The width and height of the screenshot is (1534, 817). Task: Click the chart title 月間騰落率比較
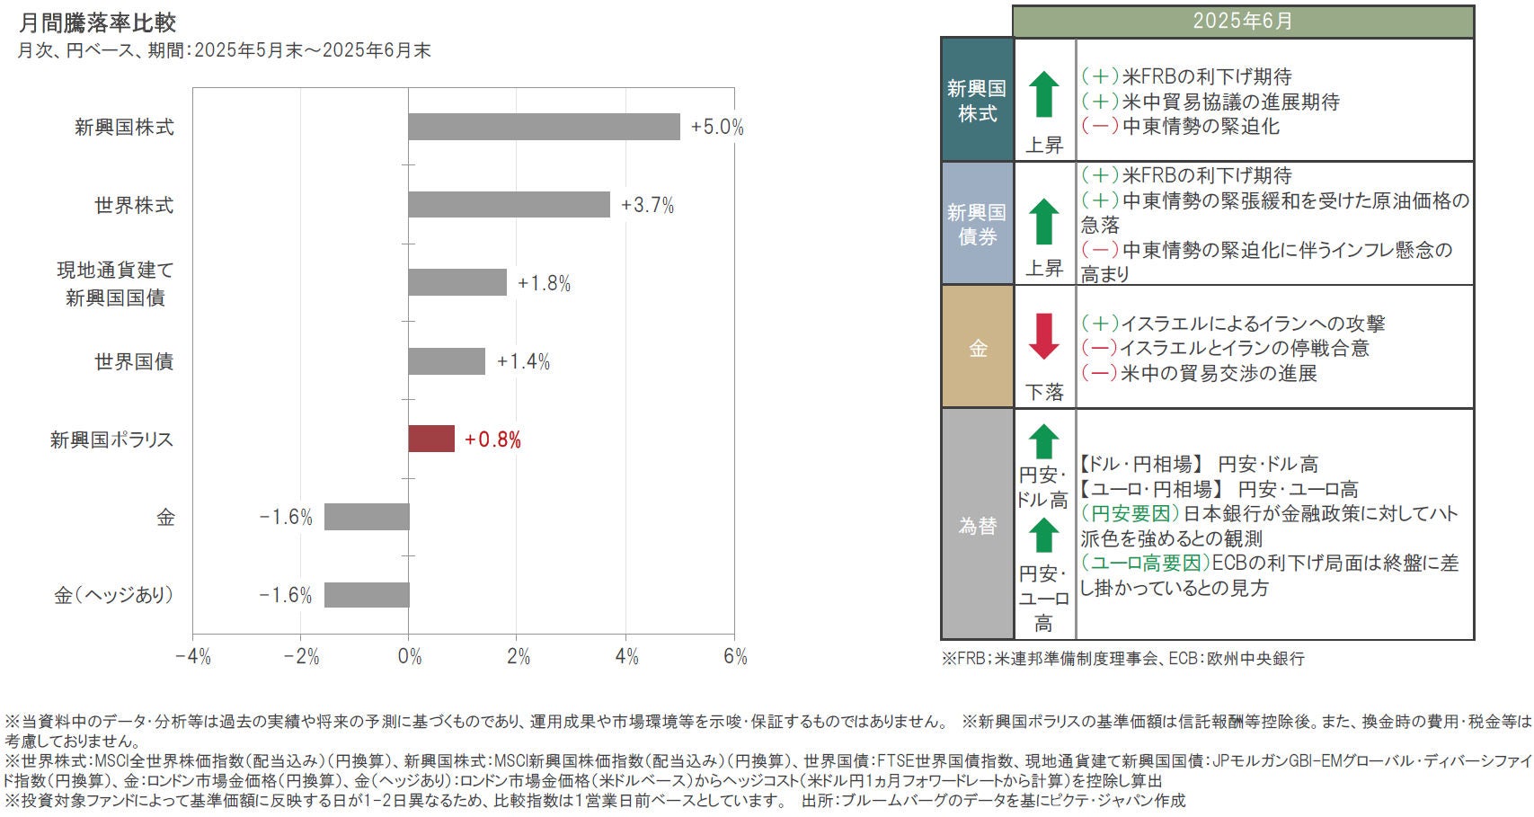pyautogui.click(x=97, y=22)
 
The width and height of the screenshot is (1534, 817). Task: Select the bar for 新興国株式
pyautogui.click(x=544, y=127)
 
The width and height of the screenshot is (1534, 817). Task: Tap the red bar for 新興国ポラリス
pyautogui.click(x=431, y=439)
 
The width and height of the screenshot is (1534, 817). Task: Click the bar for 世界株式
pyautogui.click(x=509, y=205)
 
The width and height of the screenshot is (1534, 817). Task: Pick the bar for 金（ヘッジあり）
pyautogui.click(x=367, y=595)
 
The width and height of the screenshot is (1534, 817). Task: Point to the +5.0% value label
pyautogui.click(x=716, y=128)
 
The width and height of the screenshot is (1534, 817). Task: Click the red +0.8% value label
pyautogui.click(x=492, y=440)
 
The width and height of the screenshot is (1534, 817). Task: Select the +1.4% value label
pyautogui.click(x=523, y=362)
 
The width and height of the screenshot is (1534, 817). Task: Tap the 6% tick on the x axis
pyautogui.click(x=735, y=657)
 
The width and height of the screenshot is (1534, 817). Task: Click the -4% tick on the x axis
pyautogui.click(x=192, y=657)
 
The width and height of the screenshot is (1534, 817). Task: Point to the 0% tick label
pyautogui.click(x=409, y=657)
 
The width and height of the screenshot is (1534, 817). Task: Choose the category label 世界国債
pyautogui.click(x=134, y=361)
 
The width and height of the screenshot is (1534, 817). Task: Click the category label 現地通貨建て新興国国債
pyautogui.click(x=115, y=283)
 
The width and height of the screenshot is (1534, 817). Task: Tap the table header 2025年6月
pyautogui.click(x=1243, y=22)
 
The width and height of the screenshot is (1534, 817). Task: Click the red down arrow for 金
pyautogui.click(x=1043, y=335)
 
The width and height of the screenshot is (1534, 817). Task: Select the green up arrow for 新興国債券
pyautogui.click(x=1043, y=221)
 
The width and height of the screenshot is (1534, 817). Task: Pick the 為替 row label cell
pyautogui.click(x=977, y=525)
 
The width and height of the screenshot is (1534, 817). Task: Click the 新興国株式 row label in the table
pyautogui.click(x=977, y=101)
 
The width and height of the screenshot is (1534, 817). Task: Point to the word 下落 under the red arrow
pyautogui.click(x=1044, y=392)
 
